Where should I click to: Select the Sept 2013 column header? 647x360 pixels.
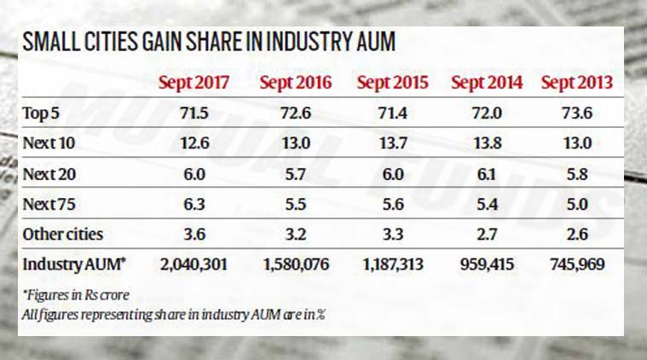point(578,83)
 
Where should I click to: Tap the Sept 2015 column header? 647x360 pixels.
point(393,83)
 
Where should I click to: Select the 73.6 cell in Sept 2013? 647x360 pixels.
point(579,113)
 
